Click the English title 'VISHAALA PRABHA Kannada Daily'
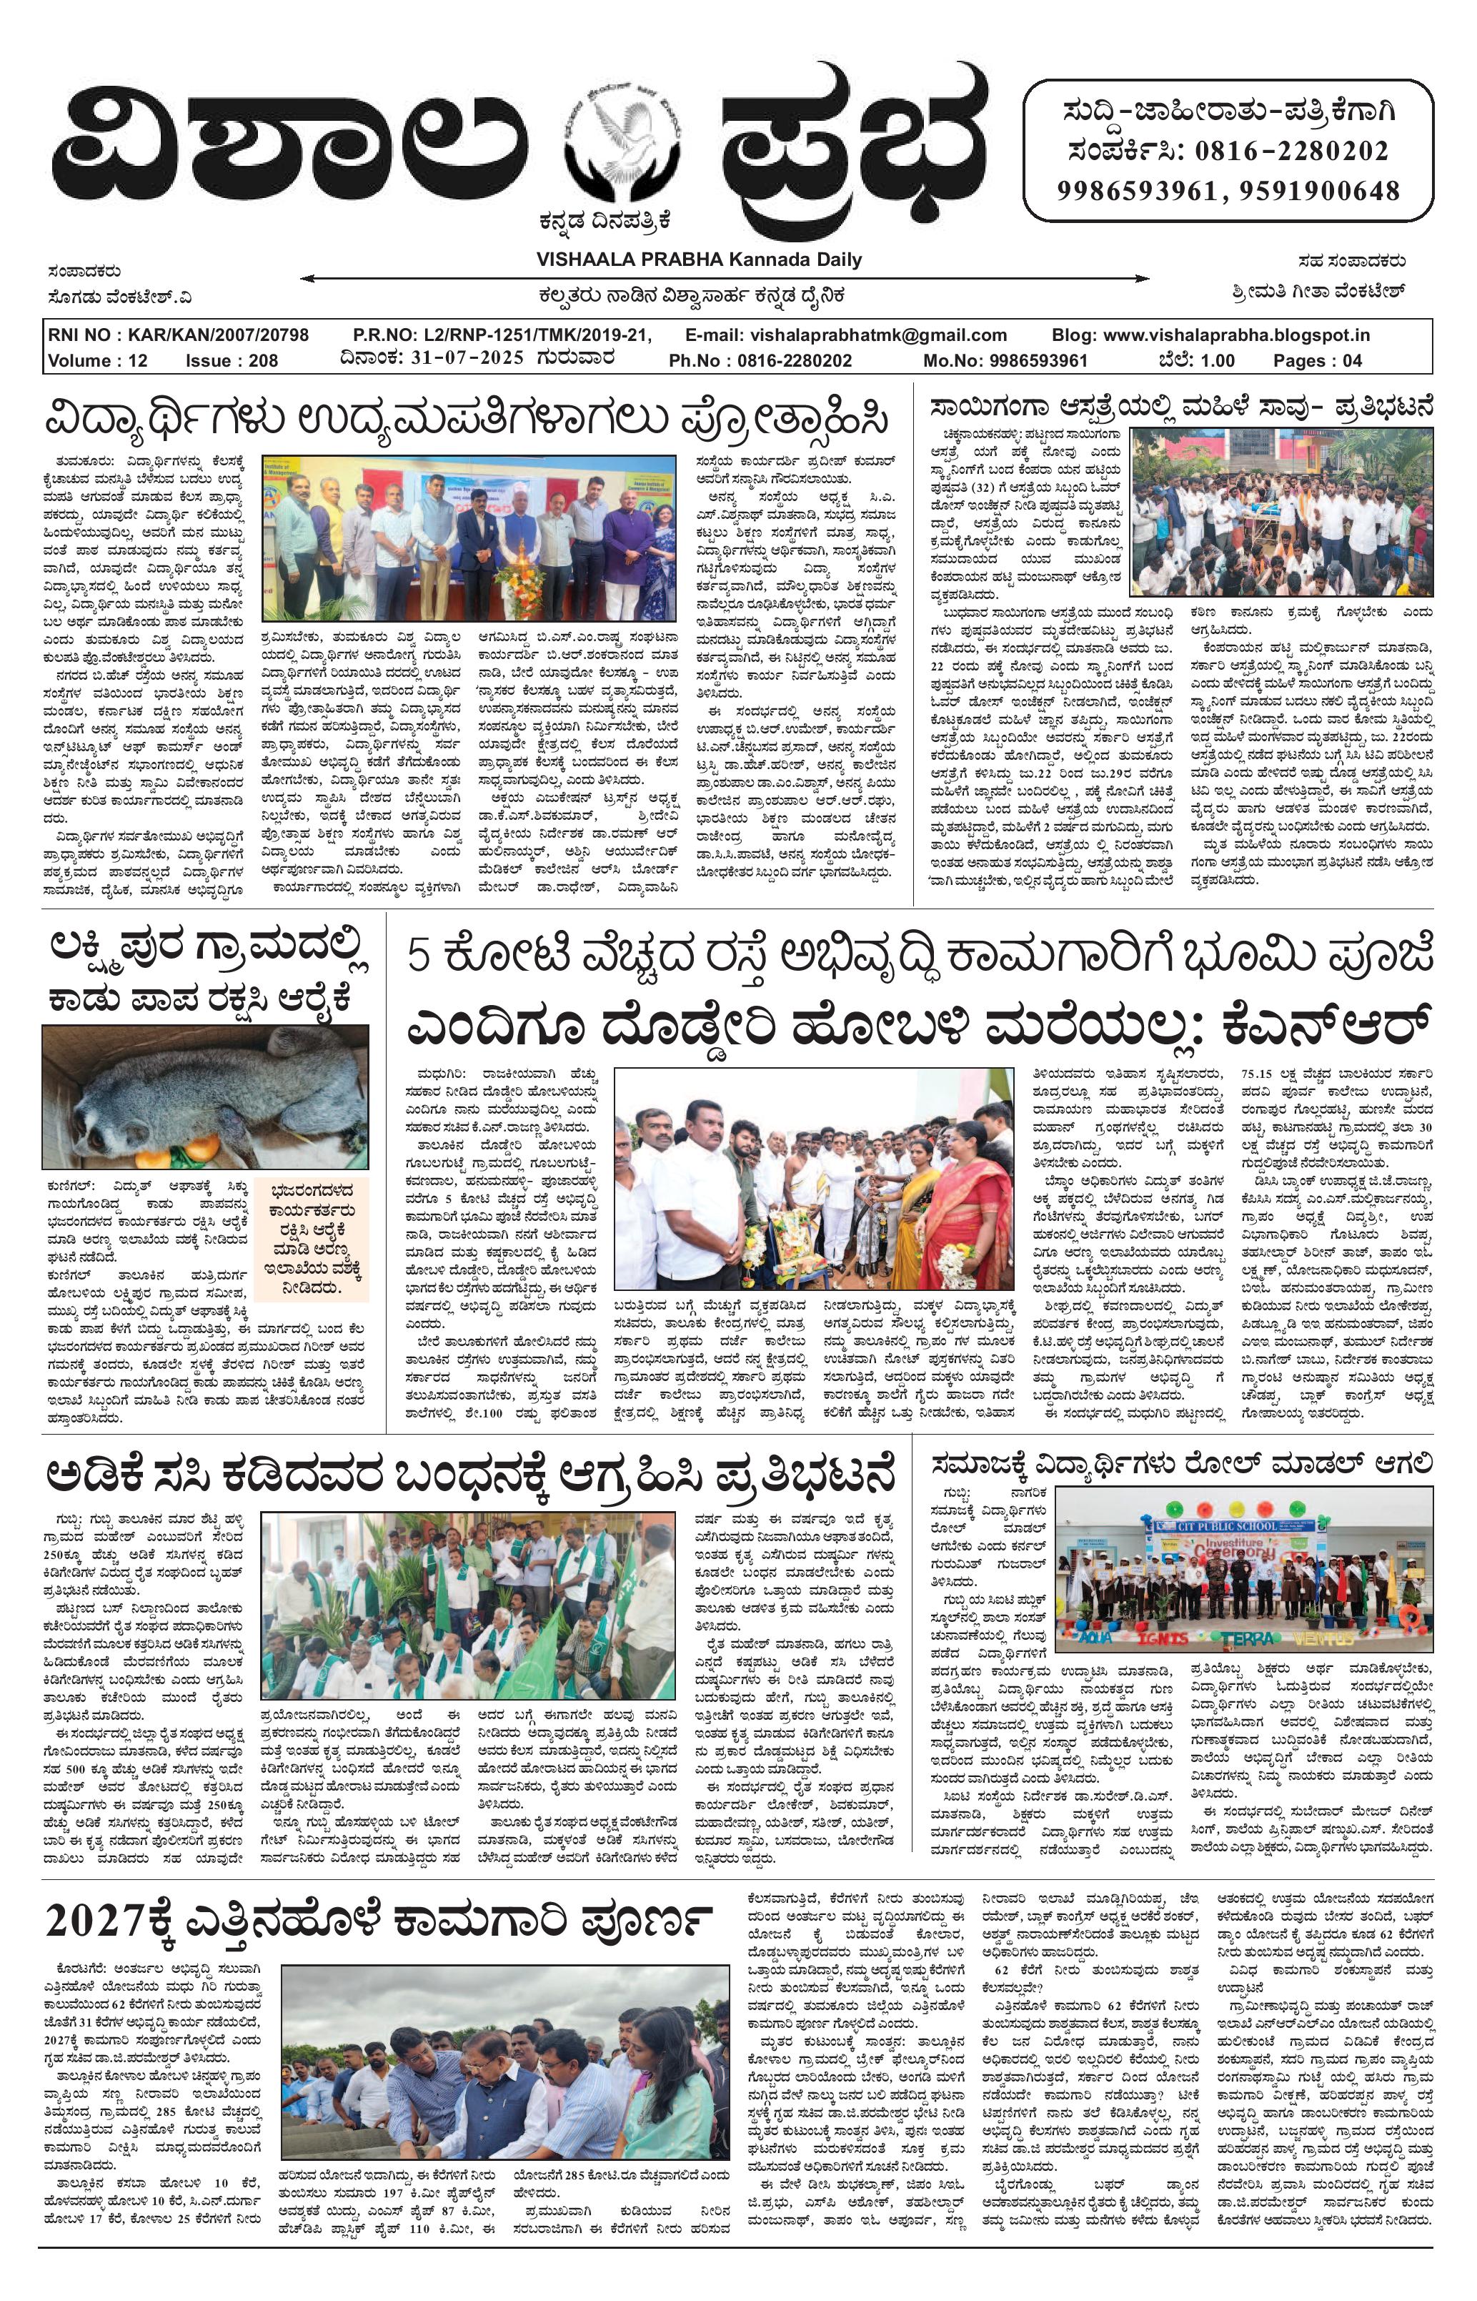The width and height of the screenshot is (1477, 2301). (x=698, y=259)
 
